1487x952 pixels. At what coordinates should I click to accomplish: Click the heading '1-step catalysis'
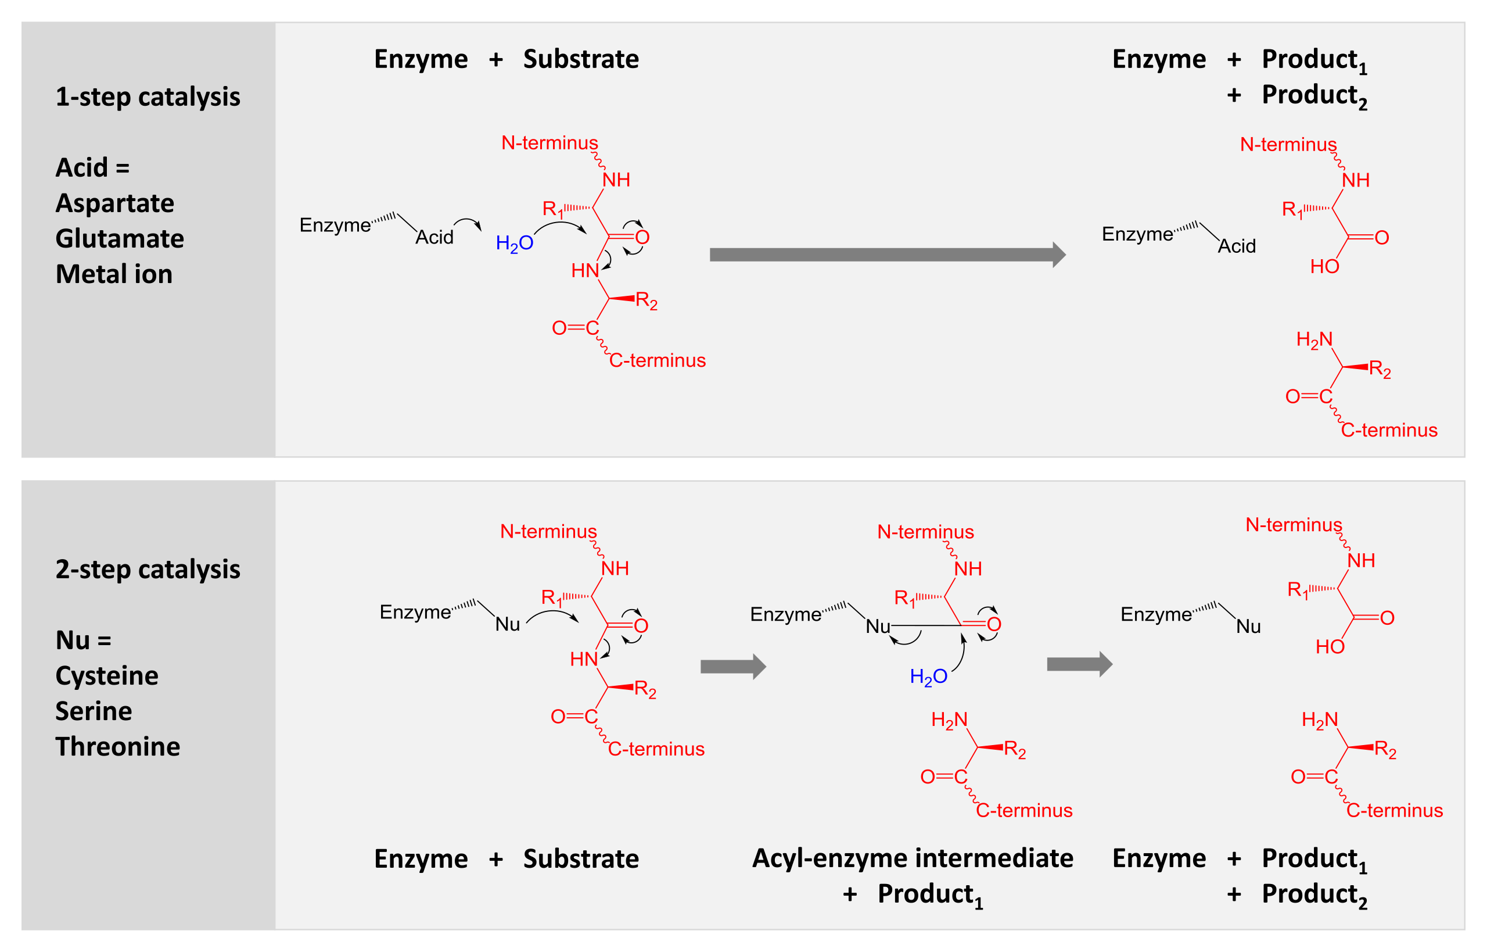click(x=148, y=97)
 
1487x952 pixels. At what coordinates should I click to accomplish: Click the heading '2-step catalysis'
click(x=148, y=570)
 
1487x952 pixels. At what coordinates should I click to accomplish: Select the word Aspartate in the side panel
click(x=115, y=203)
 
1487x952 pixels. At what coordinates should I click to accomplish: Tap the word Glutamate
click(x=120, y=239)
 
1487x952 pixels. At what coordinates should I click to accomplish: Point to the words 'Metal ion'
click(x=114, y=274)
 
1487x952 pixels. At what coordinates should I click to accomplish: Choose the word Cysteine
click(x=107, y=677)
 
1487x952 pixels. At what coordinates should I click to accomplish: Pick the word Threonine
click(x=118, y=747)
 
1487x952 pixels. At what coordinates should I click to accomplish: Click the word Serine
click(x=94, y=711)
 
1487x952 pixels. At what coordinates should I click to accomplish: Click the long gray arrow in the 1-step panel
click(x=888, y=255)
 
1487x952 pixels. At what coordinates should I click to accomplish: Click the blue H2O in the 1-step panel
click(x=515, y=244)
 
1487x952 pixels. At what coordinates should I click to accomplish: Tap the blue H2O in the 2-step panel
click(x=929, y=677)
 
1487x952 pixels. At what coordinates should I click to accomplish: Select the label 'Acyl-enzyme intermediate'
click(x=913, y=858)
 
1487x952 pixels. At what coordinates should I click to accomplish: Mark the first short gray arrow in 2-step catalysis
click(x=733, y=667)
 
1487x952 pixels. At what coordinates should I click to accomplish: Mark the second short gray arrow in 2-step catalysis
click(x=1080, y=664)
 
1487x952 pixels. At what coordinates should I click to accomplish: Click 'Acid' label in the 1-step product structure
click(x=1237, y=246)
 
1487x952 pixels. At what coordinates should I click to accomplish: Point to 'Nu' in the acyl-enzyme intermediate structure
click(x=878, y=626)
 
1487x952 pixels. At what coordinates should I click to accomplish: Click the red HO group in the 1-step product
click(x=1324, y=266)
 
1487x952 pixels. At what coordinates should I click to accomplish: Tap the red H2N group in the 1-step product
click(x=1314, y=340)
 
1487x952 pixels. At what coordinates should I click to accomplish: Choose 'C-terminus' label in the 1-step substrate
click(x=658, y=360)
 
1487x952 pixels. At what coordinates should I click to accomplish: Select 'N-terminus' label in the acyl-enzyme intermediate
click(x=925, y=532)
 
